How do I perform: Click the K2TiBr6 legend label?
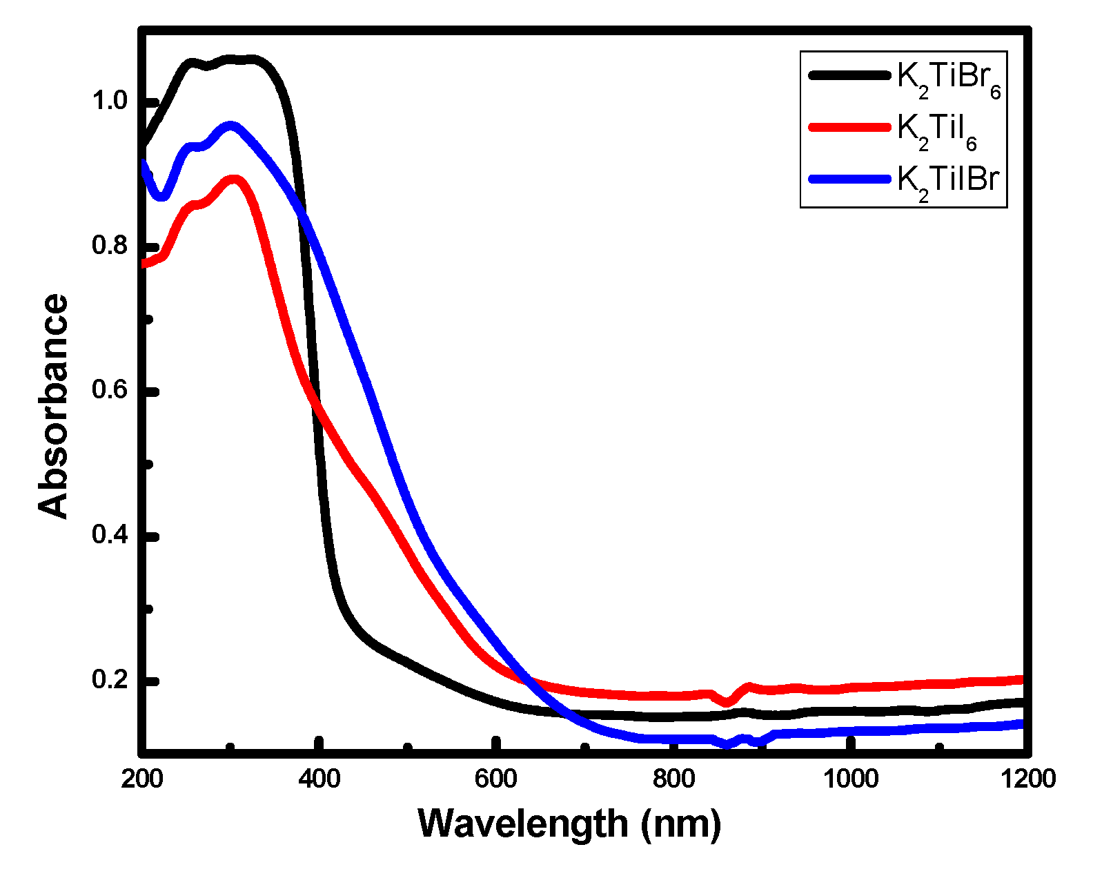948,79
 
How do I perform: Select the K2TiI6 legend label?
936,130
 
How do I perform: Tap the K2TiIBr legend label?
948,182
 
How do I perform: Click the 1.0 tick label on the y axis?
110,101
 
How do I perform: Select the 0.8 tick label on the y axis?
110,246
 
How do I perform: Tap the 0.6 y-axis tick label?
110,391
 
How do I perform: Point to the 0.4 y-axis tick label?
110,535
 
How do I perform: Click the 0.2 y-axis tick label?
110,680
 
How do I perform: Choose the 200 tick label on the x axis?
142,779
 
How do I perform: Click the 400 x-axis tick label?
319,779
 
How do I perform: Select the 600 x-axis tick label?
496,779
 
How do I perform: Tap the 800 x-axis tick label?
673,779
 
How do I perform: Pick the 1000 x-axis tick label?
851,779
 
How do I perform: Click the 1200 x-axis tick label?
1028,779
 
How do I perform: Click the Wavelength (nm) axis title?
570,824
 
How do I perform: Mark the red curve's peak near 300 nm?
233,180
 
